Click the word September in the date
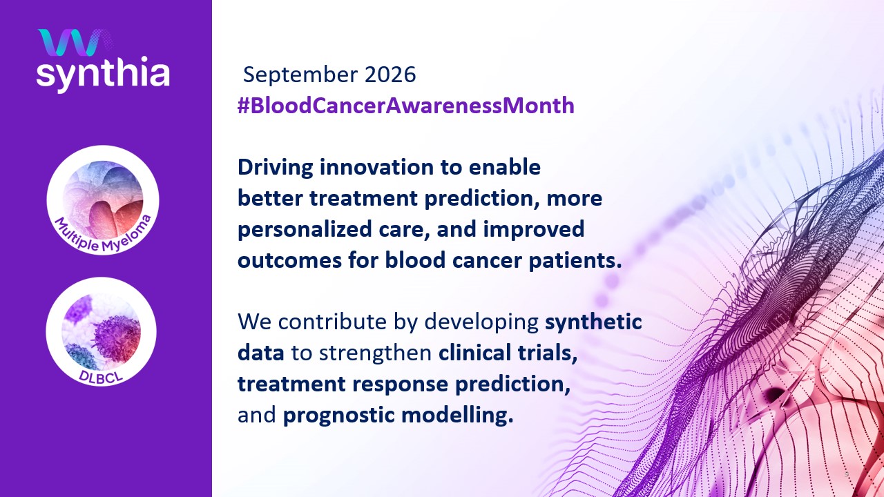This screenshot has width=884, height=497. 300,75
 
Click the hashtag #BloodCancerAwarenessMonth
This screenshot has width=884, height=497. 405,106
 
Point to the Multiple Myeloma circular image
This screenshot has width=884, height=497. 103,199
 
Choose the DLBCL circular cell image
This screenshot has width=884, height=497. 101,332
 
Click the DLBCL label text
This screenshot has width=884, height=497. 101,376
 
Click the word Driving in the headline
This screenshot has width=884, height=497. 276,168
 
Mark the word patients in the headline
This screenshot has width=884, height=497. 573,261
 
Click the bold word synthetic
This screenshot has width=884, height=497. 593,322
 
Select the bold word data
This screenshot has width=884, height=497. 261,353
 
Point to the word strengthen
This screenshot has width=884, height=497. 375,353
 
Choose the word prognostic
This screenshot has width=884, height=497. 339,415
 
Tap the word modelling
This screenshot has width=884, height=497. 454,415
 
